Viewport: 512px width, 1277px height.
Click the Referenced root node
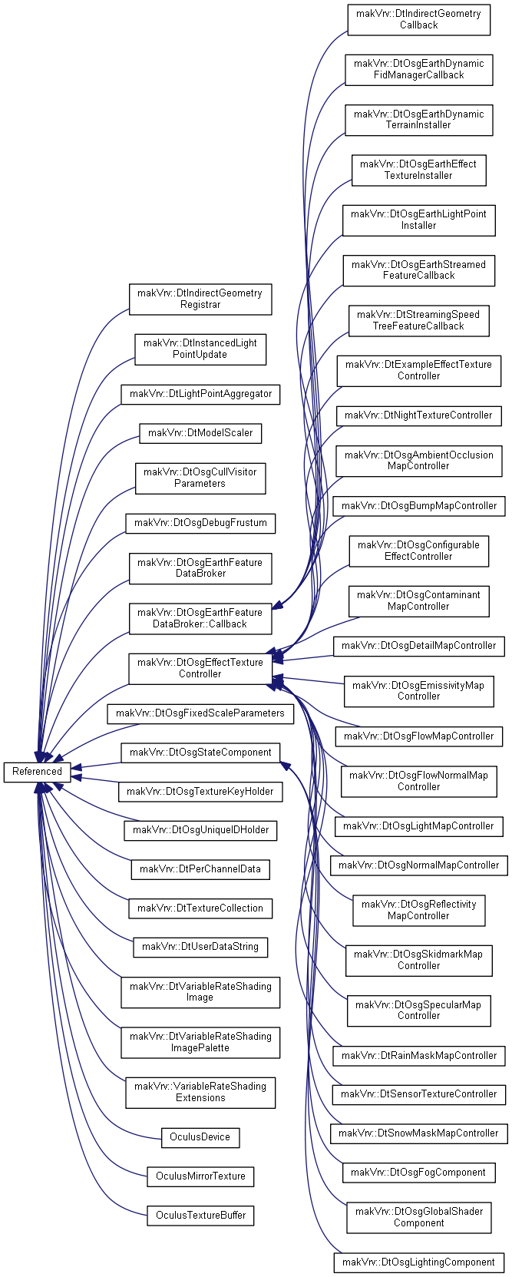tap(37, 771)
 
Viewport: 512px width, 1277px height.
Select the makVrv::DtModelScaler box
tap(200, 432)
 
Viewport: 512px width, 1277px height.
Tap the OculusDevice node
tap(200, 1136)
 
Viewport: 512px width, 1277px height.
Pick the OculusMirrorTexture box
tap(200, 1176)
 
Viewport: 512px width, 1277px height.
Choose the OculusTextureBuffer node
tap(200, 1215)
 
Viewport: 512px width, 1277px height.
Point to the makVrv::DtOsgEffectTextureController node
tap(200, 668)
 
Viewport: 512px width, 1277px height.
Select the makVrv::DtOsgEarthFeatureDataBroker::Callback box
tap(200, 618)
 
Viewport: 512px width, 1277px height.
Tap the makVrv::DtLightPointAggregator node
tap(200, 394)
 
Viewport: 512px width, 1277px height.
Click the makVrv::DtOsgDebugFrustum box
tap(200, 523)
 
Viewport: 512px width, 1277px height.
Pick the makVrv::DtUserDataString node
tap(200, 946)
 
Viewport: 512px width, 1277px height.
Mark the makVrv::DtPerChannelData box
tap(200, 868)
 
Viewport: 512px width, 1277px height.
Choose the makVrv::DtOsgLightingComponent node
tap(419, 1262)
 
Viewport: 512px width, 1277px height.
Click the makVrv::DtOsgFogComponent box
tap(419, 1172)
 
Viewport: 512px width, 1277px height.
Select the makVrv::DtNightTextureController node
tap(419, 415)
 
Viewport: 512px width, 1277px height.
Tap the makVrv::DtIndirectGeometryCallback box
tap(419, 19)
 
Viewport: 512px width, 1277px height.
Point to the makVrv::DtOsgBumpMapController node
tap(419, 506)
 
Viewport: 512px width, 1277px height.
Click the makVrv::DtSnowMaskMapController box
tap(419, 1133)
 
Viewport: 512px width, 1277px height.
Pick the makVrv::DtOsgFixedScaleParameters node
tap(200, 713)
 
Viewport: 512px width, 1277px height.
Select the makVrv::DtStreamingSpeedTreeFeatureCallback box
tap(419, 320)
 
